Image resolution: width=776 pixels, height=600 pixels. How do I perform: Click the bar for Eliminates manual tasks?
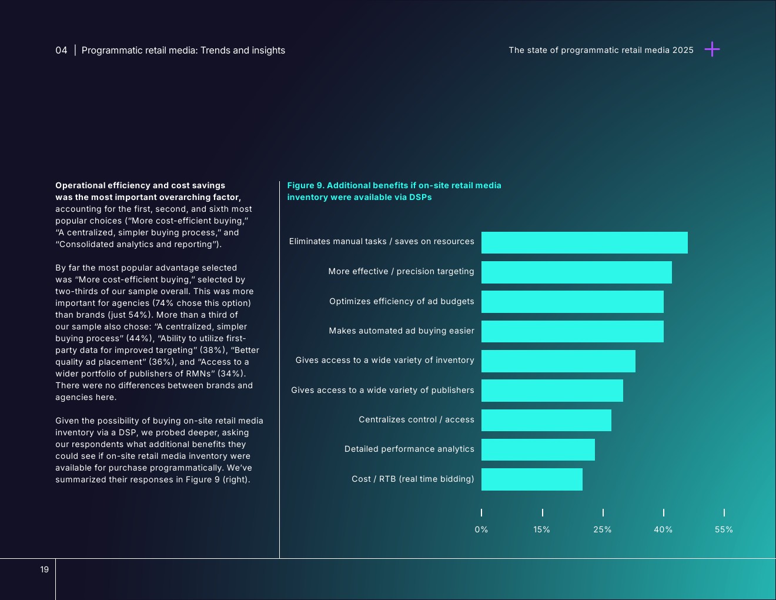pyautogui.click(x=584, y=242)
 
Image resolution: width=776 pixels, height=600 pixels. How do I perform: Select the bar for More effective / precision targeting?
pyautogui.click(x=576, y=272)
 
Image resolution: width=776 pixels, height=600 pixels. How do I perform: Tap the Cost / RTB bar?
pyautogui.click(x=531, y=479)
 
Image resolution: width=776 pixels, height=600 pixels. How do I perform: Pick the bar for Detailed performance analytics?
pyautogui.click(x=538, y=449)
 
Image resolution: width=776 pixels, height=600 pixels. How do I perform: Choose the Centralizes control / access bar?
pyautogui.click(x=546, y=420)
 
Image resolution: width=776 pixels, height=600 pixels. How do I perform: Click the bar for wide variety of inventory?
pyautogui.click(x=558, y=361)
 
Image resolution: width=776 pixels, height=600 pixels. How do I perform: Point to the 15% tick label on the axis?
pyautogui.click(x=541, y=529)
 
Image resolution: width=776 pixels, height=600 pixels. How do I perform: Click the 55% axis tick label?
pyautogui.click(x=724, y=529)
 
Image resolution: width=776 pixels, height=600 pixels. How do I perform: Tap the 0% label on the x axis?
pyautogui.click(x=481, y=529)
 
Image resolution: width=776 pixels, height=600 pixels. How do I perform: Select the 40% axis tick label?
pyautogui.click(x=663, y=529)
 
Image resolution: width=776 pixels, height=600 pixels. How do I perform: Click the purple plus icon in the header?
pyautogui.click(x=712, y=49)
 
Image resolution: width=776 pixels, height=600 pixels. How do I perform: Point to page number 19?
pyautogui.click(x=45, y=569)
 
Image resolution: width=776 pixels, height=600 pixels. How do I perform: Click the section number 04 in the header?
pyautogui.click(x=61, y=51)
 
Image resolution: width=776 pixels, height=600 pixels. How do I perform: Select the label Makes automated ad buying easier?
pyautogui.click(x=402, y=331)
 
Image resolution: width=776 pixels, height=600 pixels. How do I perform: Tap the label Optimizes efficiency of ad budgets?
pyautogui.click(x=402, y=301)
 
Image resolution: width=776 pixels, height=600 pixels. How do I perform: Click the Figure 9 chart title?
pyautogui.click(x=394, y=191)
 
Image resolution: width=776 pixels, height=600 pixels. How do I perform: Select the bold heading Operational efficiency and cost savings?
pyautogui.click(x=141, y=185)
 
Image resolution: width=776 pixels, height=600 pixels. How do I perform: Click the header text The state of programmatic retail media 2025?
pyautogui.click(x=601, y=50)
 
